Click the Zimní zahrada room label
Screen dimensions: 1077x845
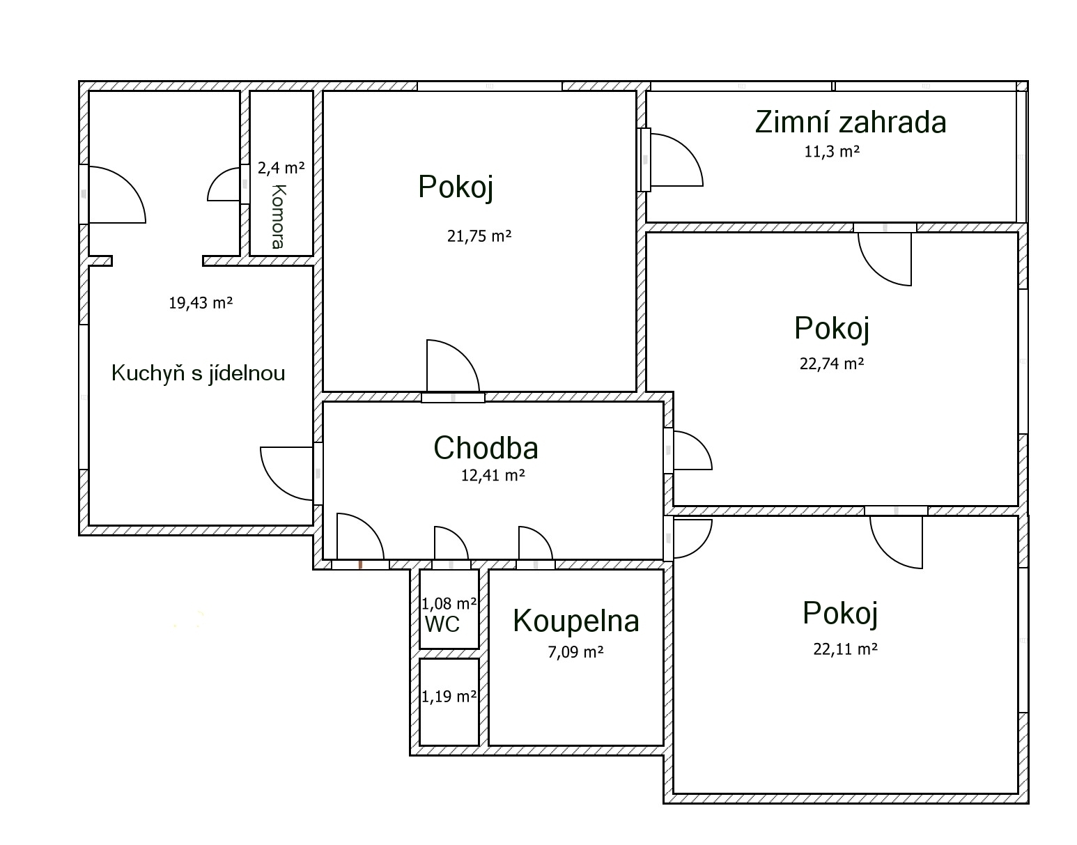click(x=851, y=123)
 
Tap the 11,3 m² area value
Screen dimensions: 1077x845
click(x=832, y=151)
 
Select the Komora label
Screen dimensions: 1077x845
click(x=279, y=217)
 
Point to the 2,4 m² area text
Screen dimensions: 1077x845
click(x=281, y=168)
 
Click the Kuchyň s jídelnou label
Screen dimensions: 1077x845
click(x=199, y=373)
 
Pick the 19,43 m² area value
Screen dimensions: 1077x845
click(x=201, y=302)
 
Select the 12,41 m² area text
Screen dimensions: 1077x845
click(x=493, y=475)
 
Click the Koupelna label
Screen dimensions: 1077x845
click(x=576, y=621)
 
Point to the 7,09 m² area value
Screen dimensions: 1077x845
click(x=575, y=652)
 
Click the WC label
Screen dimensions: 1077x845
click(x=442, y=624)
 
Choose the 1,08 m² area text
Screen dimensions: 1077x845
click(x=449, y=603)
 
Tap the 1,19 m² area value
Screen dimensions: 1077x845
click(x=449, y=697)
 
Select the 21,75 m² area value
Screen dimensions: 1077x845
click(x=479, y=236)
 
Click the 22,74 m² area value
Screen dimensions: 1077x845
click(x=832, y=364)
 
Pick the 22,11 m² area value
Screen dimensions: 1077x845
click(x=846, y=649)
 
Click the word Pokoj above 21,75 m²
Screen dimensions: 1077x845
click(x=456, y=187)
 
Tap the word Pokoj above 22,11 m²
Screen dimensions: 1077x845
click(x=840, y=613)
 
